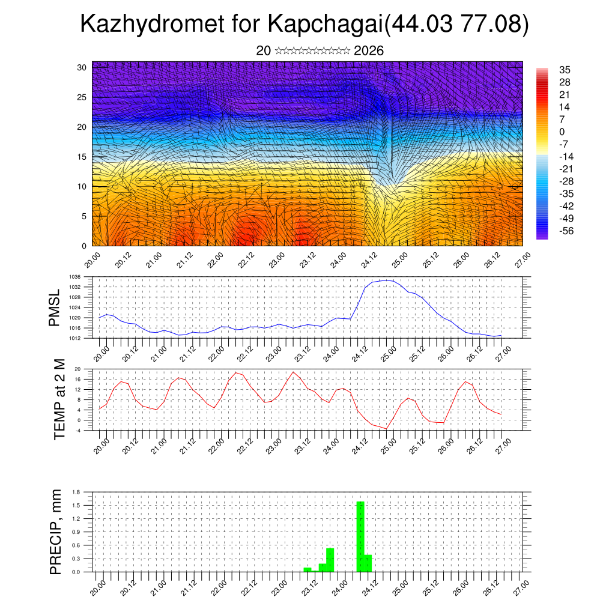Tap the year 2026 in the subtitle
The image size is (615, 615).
tap(369, 50)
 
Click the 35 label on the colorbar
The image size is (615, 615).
tap(565, 70)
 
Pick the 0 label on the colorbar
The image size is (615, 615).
tap(562, 132)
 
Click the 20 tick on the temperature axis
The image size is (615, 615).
tap(77, 369)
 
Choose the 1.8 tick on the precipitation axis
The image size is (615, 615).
tap(76, 492)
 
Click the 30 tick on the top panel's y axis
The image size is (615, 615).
tap(82, 67)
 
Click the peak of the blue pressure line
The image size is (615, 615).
tap(387, 280)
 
